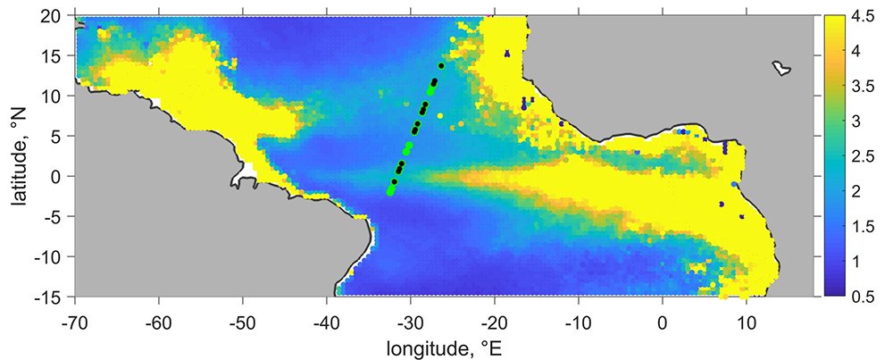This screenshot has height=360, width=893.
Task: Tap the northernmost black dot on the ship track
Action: click(x=441, y=65)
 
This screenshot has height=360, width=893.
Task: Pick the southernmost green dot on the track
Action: click(x=390, y=192)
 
